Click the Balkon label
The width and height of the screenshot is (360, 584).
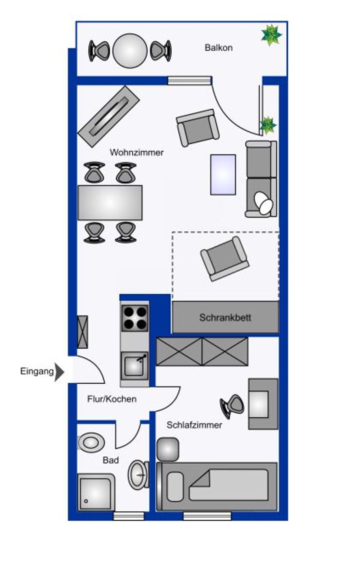pyautogui.click(x=218, y=48)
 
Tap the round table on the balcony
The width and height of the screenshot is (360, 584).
pyautogui.click(x=130, y=51)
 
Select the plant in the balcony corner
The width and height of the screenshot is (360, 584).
pyautogui.click(x=271, y=35)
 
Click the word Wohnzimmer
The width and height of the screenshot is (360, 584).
pyautogui.click(x=137, y=152)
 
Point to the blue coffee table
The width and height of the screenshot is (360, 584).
pyautogui.click(x=223, y=174)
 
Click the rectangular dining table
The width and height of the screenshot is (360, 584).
pyautogui.click(x=110, y=202)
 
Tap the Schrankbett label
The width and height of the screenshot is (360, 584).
pyautogui.click(x=225, y=317)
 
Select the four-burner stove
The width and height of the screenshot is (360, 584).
pyautogui.click(x=135, y=318)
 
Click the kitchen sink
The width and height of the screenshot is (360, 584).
pyautogui.click(x=134, y=365)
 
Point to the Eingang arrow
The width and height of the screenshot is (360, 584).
pyautogui.click(x=59, y=372)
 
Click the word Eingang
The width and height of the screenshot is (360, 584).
pyautogui.click(x=37, y=371)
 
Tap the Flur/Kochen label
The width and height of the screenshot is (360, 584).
pyautogui.click(x=112, y=399)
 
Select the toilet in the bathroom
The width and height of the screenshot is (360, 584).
pyautogui.click(x=91, y=442)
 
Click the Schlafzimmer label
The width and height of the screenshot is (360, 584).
pyautogui.click(x=194, y=425)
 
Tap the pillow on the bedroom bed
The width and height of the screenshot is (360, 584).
pyautogui.click(x=175, y=487)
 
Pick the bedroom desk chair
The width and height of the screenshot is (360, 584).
pyautogui.click(x=233, y=405)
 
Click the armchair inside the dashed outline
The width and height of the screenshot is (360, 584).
pyautogui.click(x=224, y=258)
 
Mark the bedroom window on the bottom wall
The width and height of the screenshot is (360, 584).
pyautogui.click(x=207, y=516)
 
